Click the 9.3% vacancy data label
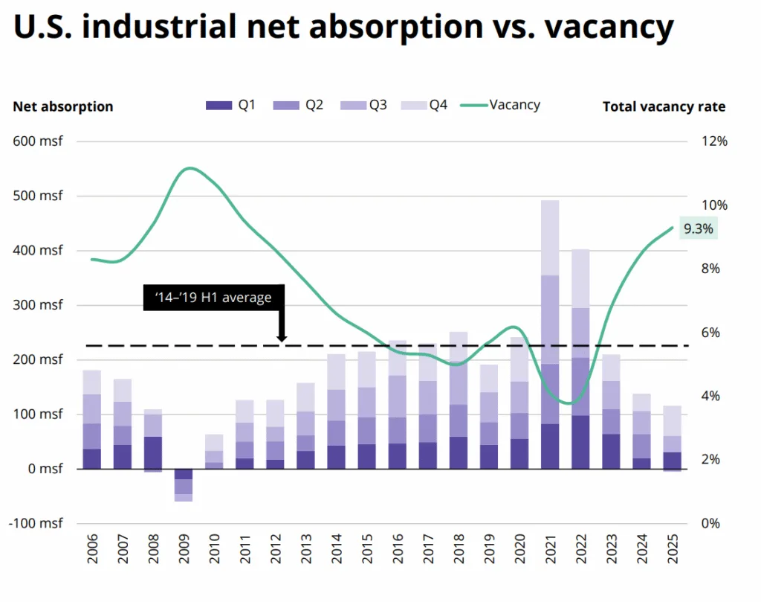pos(698,229)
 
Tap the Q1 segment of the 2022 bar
pos(580,442)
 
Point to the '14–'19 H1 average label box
pos(213,297)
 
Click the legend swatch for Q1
pos(218,106)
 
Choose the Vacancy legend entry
pos(500,105)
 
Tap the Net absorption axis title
pos(63,106)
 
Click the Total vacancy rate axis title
pos(664,106)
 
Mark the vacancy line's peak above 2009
pos(190,168)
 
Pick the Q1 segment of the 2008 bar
pos(153,452)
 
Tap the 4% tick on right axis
pos(711,396)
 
